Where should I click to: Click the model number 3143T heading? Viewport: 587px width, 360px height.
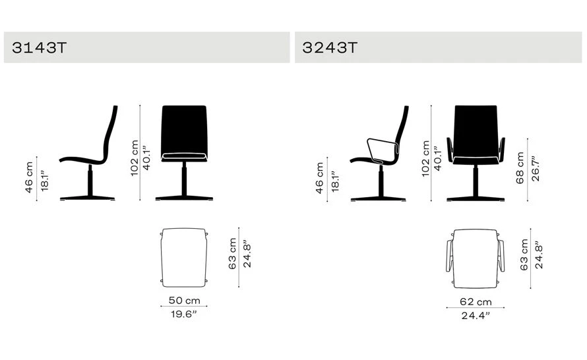click(x=40, y=47)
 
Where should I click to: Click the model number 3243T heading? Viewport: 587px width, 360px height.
click(x=330, y=47)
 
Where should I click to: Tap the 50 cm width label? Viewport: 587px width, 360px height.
click(x=184, y=300)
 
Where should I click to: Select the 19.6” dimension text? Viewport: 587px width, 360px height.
click(x=183, y=314)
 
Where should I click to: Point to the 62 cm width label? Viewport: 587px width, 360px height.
click(x=476, y=301)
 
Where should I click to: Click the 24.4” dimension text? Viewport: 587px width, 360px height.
click(x=476, y=315)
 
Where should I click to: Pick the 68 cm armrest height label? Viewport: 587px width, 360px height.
click(x=520, y=167)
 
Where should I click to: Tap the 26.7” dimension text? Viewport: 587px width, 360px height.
click(x=536, y=169)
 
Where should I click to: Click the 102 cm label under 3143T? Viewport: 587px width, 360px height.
click(x=135, y=158)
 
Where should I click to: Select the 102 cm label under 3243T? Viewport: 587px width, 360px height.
click(x=425, y=159)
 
